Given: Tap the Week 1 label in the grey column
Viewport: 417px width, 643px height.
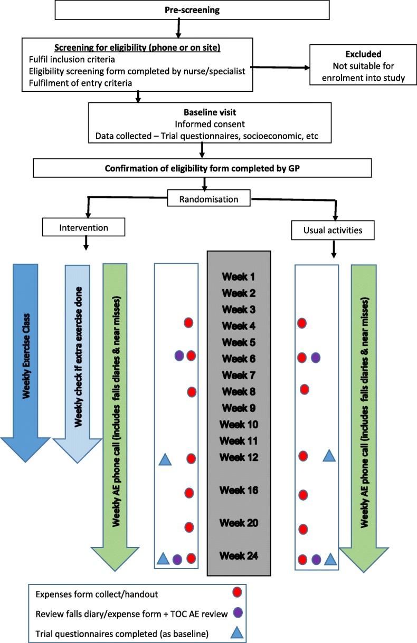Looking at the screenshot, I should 239,276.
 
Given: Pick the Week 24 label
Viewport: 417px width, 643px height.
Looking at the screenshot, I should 239,556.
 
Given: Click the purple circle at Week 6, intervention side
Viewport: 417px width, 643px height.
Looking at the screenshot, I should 179,357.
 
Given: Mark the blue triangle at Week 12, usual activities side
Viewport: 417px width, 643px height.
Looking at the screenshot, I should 329,455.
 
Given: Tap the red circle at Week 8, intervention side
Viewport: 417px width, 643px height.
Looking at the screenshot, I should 192,392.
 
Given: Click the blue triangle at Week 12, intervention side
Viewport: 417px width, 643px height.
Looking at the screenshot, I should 165,459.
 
